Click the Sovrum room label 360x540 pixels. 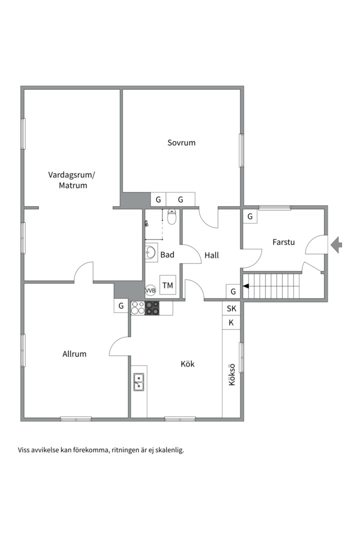[x=181, y=142]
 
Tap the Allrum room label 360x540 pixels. [x=74, y=354]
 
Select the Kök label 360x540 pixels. [x=188, y=363]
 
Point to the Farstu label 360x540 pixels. [x=283, y=242]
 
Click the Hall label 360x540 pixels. [x=212, y=255]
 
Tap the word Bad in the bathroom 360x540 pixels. [x=167, y=255]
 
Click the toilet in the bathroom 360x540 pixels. [x=171, y=216]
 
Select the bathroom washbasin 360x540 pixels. [x=151, y=252]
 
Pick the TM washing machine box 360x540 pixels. [x=168, y=285]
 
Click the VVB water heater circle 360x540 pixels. [x=150, y=290]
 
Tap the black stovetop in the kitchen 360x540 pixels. [x=152, y=308]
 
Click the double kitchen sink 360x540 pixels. [x=139, y=382]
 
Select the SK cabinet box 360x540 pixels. [x=231, y=308]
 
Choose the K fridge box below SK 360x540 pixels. [x=231, y=322]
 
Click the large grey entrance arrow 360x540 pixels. [x=336, y=245]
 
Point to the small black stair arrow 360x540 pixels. [x=246, y=286]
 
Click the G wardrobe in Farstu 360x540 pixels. [x=250, y=216]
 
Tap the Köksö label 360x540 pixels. [x=232, y=374]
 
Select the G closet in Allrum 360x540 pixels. [x=121, y=306]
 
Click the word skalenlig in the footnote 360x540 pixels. [x=169, y=450]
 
